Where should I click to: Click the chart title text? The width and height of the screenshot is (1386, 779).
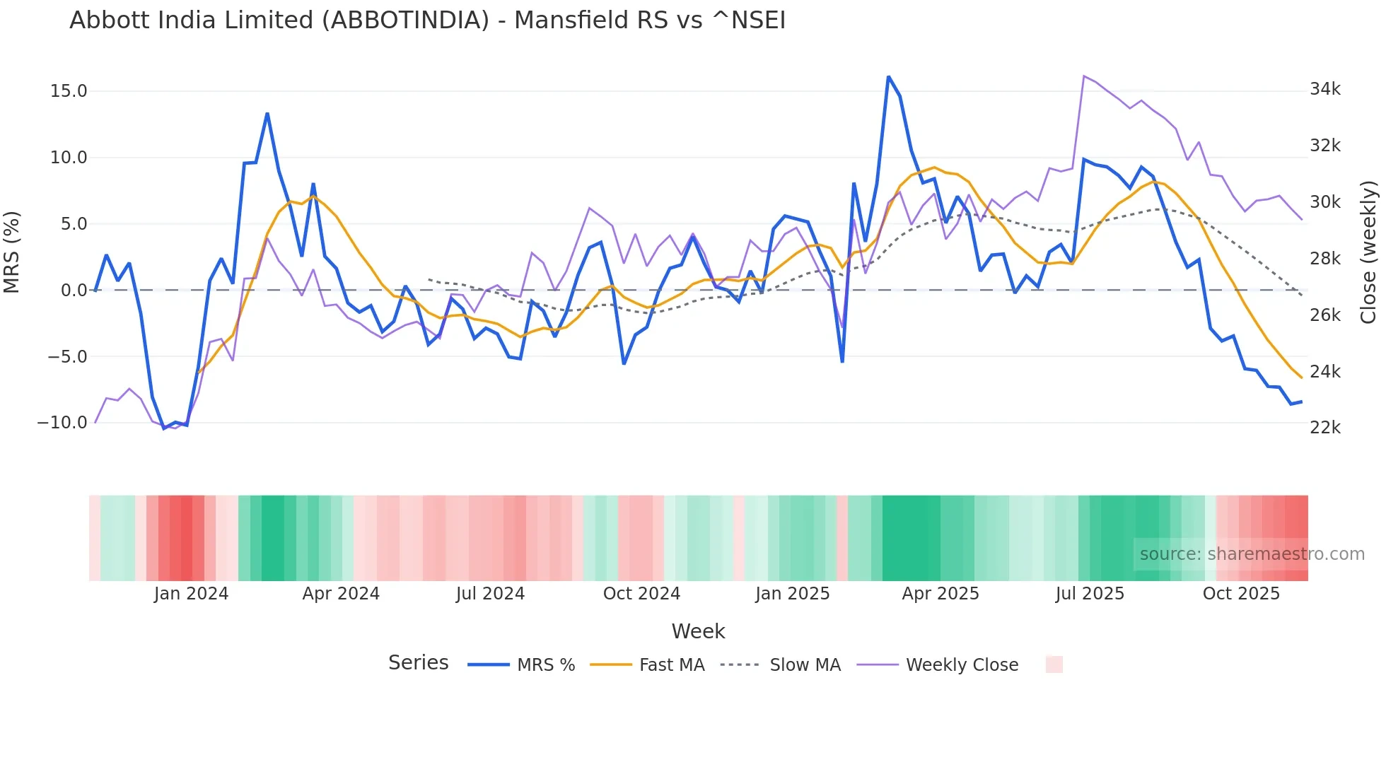coord(427,20)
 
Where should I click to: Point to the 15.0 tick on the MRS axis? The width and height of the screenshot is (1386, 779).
coord(69,91)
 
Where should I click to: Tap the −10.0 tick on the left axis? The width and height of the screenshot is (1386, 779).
coord(62,423)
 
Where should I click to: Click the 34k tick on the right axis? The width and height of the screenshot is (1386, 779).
coord(1325,89)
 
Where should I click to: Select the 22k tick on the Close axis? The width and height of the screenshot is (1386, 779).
coord(1325,428)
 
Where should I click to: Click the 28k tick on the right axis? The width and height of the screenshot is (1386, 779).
coord(1325,259)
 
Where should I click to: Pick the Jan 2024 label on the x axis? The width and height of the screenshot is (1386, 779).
coord(191,594)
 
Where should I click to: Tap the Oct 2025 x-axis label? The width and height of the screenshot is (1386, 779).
coord(1241,594)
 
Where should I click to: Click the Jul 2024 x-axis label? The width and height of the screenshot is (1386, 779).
coord(490,594)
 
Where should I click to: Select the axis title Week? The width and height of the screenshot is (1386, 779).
coord(698,631)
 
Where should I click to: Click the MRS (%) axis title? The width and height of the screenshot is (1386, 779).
coord(12,252)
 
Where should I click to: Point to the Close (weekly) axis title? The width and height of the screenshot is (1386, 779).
coord(1368,252)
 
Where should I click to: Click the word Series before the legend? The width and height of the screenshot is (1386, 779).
coord(418,663)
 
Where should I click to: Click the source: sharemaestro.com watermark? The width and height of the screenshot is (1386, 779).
coord(1252,554)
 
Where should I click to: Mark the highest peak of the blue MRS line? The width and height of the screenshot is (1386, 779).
coord(888,76)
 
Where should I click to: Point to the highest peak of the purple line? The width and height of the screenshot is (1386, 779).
coord(1084,76)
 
